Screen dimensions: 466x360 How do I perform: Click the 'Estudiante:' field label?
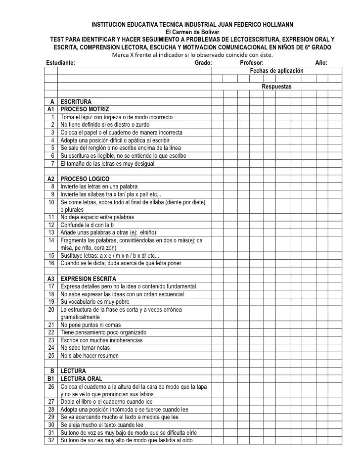61,63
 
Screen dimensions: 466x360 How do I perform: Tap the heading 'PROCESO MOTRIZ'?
85,109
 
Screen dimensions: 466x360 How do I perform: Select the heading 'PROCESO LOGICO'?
85,179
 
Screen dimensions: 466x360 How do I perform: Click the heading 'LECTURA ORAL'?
82,379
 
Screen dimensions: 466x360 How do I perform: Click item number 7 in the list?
52,163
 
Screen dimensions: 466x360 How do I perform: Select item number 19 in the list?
51,302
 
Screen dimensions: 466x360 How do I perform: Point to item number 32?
51,441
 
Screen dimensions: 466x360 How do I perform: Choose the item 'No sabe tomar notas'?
88,348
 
